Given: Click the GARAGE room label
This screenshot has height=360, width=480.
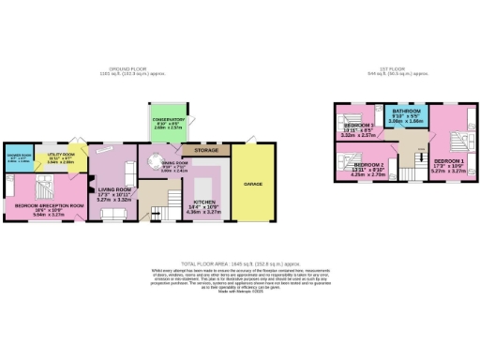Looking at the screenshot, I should (x=254, y=185).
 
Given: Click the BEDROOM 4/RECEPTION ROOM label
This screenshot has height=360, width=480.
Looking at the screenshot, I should (x=43, y=208).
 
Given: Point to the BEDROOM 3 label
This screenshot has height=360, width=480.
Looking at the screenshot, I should (x=359, y=127).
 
